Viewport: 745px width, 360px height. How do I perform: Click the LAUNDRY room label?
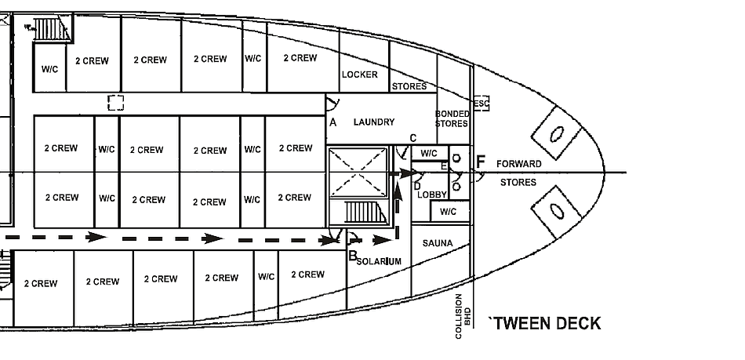click(374, 122)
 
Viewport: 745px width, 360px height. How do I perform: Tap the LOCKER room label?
click(359, 75)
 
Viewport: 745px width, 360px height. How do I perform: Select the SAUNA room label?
click(438, 244)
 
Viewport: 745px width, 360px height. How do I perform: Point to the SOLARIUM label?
click(379, 261)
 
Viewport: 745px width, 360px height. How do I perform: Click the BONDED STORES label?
click(452, 119)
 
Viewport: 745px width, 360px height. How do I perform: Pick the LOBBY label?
click(431, 195)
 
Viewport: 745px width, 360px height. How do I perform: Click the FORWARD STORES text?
click(518, 173)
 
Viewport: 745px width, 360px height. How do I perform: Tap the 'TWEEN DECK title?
click(544, 323)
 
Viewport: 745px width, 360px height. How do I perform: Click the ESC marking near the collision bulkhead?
click(481, 104)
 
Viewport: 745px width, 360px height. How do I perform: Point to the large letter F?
click(481, 162)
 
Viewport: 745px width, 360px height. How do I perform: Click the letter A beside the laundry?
click(333, 122)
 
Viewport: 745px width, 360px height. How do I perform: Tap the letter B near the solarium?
click(353, 256)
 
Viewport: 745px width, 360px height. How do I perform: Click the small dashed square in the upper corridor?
click(116, 103)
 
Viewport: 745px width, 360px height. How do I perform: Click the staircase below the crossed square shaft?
click(362, 213)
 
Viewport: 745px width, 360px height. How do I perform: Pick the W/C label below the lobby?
click(448, 212)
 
